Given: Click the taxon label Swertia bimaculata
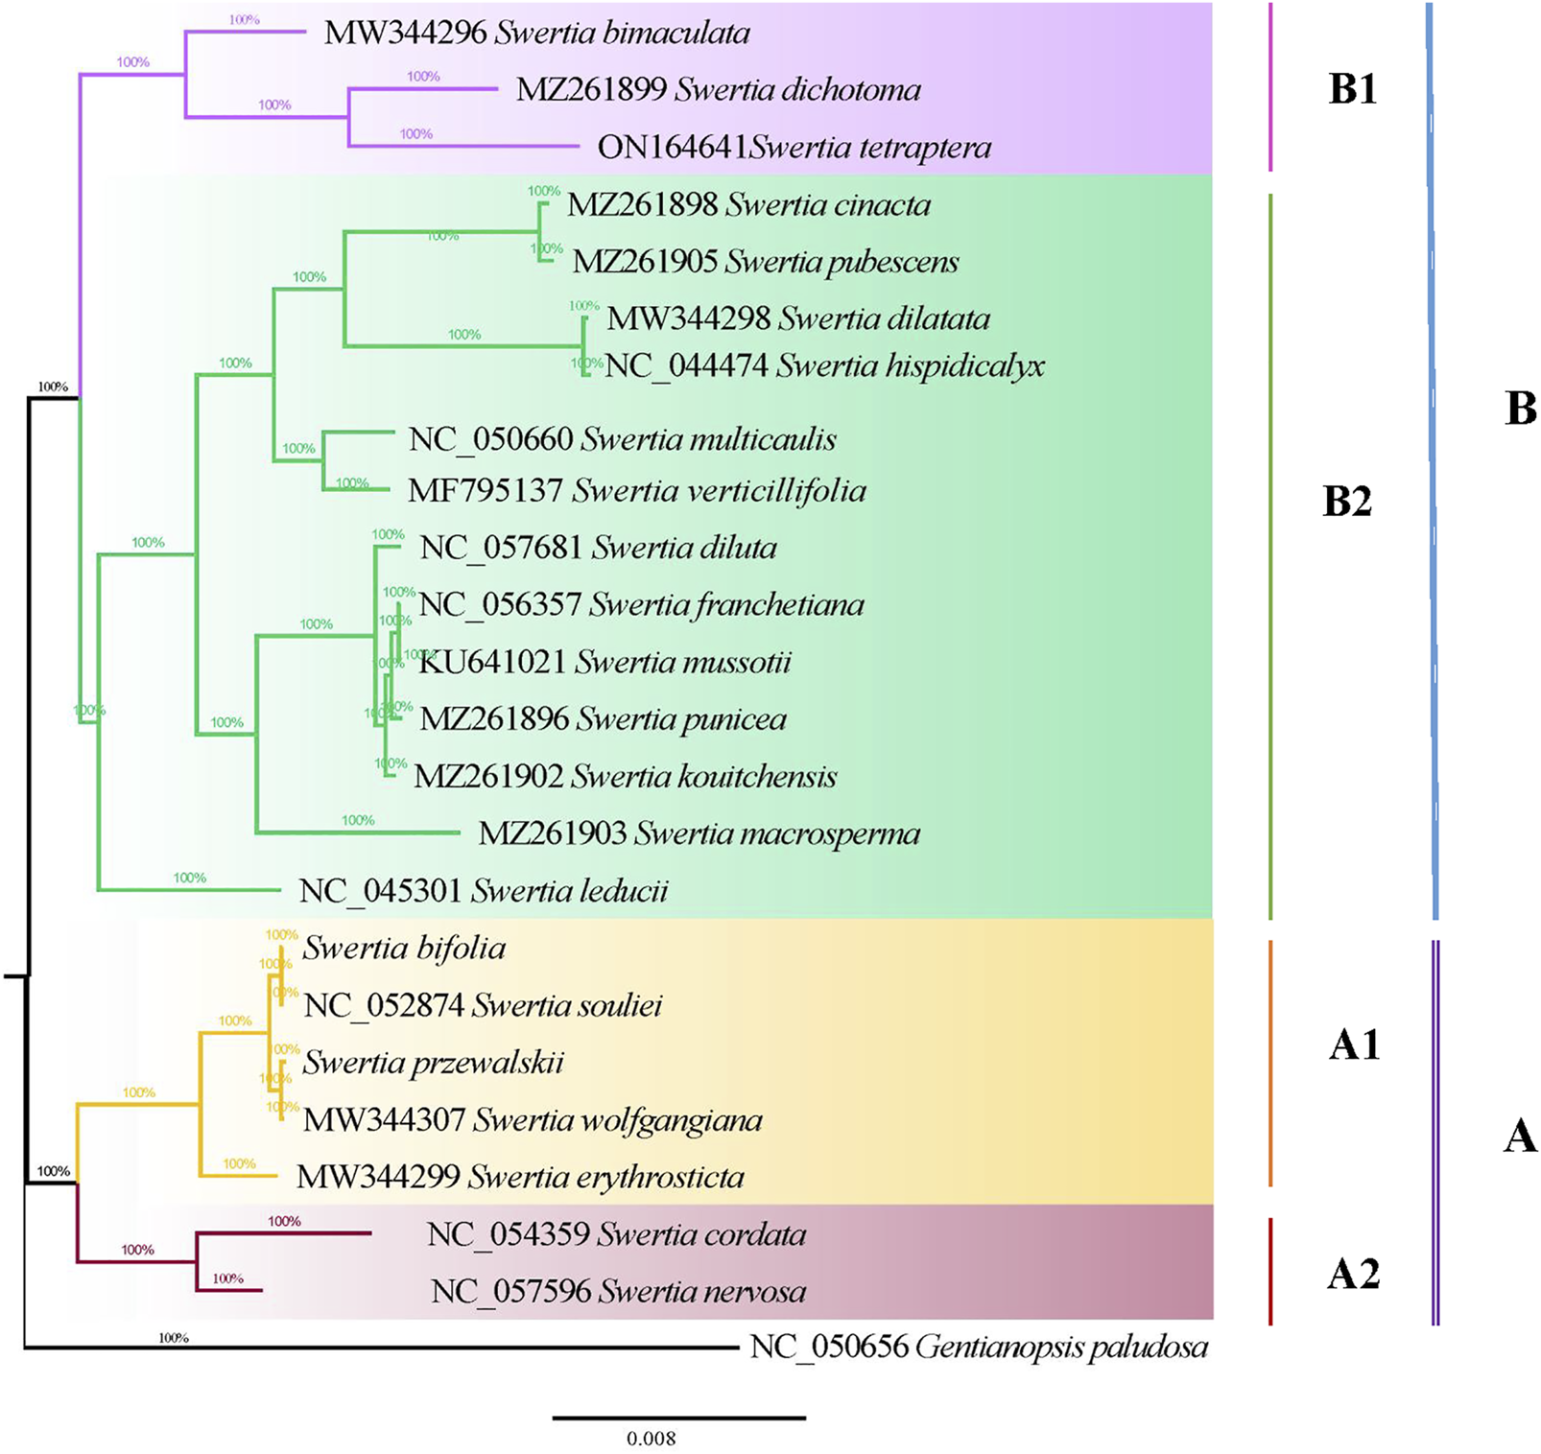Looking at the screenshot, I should (623, 34).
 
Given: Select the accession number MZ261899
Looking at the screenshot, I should (591, 90).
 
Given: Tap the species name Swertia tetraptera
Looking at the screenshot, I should (870, 148).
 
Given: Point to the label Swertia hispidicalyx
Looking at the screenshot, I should (911, 366).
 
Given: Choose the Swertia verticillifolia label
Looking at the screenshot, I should (719, 491).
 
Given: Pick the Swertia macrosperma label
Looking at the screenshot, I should (777, 834).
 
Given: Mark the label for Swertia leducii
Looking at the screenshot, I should (570, 892).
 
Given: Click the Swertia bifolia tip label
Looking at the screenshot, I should (404, 949).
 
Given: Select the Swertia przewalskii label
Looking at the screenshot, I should (433, 1063).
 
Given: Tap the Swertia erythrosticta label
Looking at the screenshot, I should (605, 1178).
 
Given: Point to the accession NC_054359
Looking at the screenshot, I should (509, 1235).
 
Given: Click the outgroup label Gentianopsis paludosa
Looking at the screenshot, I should (1061, 1348).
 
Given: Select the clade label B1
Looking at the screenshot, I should (1352, 89).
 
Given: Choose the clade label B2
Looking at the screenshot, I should (1347, 502).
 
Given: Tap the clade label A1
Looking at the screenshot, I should (1354, 1044).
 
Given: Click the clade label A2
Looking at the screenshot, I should (1353, 1274).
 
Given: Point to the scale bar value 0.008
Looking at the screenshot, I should (652, 1439).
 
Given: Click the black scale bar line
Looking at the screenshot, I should (679, 1418).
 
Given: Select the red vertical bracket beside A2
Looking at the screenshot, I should (1270, 1272).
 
